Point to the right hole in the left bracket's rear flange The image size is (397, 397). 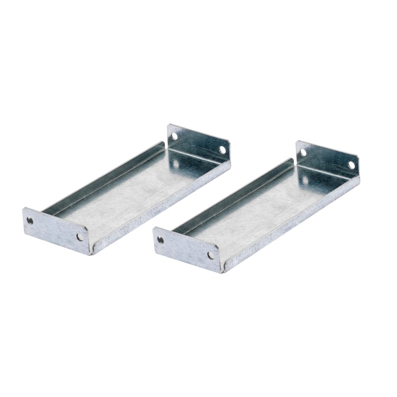223,150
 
